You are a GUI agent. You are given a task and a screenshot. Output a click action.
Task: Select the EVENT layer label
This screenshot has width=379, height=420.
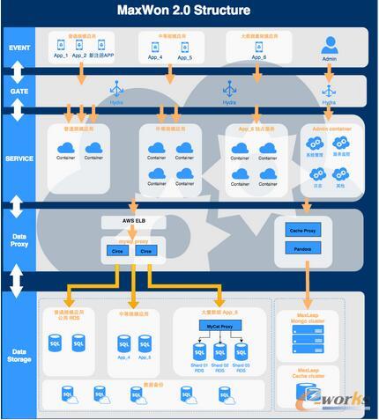(x=19, y=47)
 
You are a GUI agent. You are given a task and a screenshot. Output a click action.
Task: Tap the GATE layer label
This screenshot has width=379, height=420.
(x=19, y=91)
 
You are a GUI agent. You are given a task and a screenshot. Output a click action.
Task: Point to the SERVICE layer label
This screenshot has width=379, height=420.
(x=19, y=158)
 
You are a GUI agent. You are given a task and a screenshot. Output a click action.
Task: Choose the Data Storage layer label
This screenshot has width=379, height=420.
(x=19, y=355)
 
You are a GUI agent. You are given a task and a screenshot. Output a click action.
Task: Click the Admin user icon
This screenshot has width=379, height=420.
(x=330, y=44)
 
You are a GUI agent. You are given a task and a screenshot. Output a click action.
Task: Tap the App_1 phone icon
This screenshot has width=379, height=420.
(x=60, y=43)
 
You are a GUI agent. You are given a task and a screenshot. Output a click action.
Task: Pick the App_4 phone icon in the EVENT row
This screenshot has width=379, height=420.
(x=155, y=44)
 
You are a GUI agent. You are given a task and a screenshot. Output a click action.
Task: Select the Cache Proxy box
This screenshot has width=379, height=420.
(x=304, y=231)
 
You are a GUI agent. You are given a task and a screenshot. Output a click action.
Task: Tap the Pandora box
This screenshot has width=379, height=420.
(x=304, y=249)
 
